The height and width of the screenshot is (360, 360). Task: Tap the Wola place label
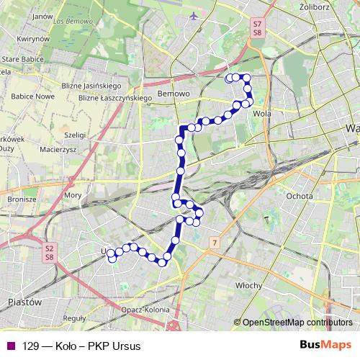[x=261, y=113]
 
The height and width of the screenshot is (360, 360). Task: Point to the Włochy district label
[x=249, y=285]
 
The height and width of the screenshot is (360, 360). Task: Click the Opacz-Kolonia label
[x=145, y=310]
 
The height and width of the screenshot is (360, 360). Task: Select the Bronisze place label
[x=22, y=199]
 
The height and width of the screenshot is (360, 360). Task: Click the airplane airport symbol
[x=193, y=16]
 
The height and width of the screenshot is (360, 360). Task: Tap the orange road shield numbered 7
[x=214, y=242]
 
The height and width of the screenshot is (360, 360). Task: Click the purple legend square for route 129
[x=10, y=346]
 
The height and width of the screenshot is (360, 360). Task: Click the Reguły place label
[x=75, y=317]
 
